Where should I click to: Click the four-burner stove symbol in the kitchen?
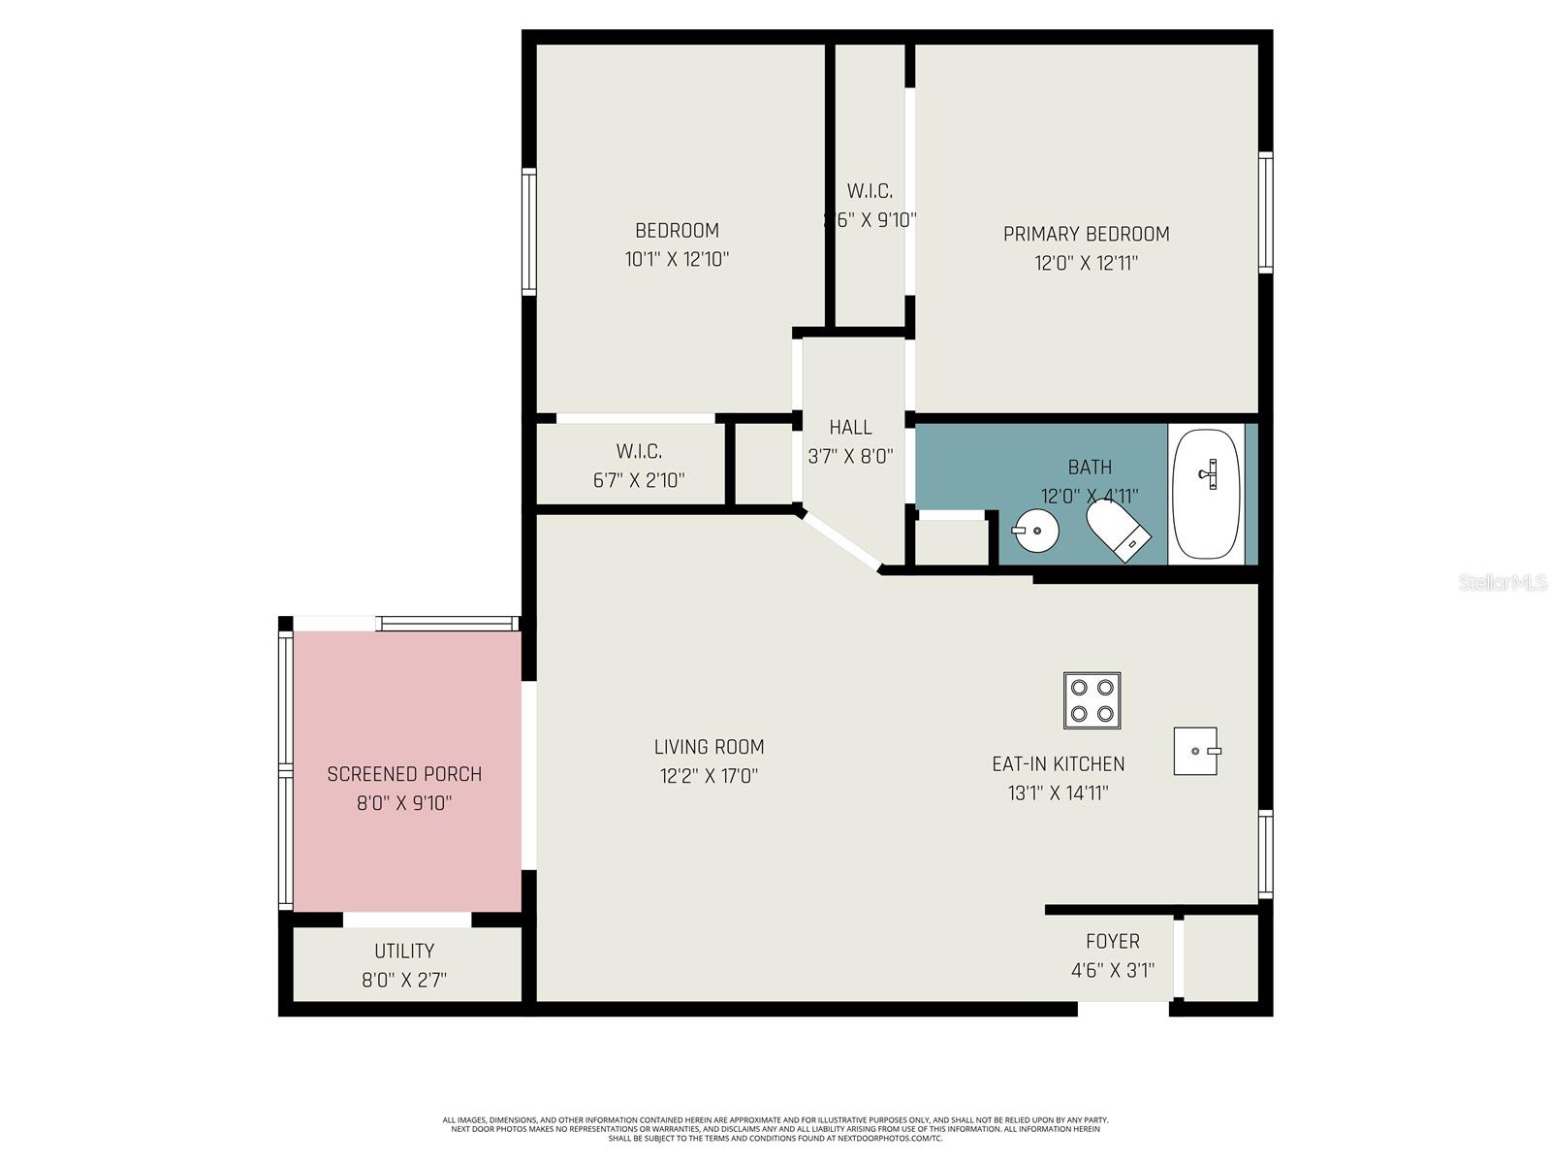(1092, 700)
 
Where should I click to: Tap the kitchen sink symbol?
(1195, 751)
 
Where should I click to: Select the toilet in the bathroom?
(1117, 528)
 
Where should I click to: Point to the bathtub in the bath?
(1206, 494)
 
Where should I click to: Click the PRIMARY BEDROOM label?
(1086, 234)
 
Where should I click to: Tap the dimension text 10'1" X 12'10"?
(677, 259)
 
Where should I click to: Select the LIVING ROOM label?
(709, 747)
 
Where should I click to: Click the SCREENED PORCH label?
(404, 774)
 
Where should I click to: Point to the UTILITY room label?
(404, 951)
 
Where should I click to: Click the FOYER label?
(1112, 941)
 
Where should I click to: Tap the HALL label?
(850, 427)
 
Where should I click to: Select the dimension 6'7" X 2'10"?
(639, 479)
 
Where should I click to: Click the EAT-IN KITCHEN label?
(1058, 763)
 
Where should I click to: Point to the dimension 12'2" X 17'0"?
(709, 776)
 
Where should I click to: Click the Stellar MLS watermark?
(1503, 582)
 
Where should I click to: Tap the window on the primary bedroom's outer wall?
(1265, 212)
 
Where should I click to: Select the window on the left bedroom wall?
(528, 232)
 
